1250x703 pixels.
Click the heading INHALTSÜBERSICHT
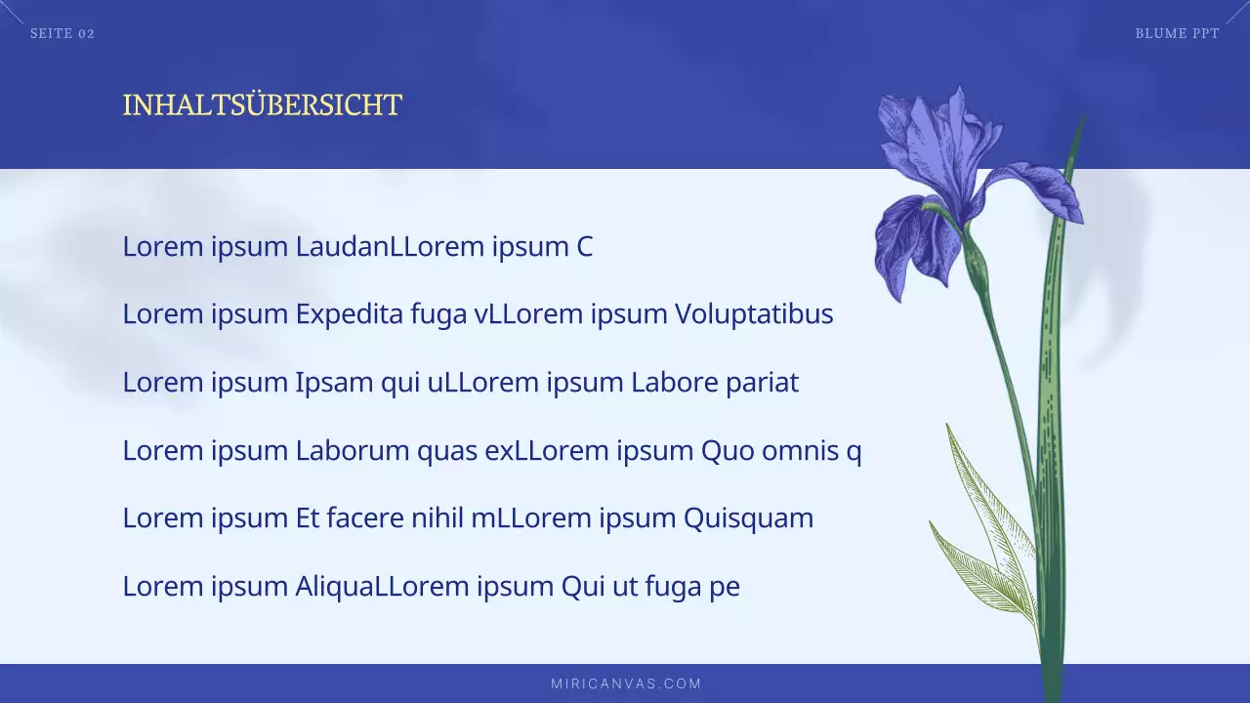click(262, 105)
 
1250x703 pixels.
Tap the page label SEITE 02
click(62, 34)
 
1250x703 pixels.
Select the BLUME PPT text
click(1177, 34)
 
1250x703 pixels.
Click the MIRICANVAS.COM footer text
click(626, 683)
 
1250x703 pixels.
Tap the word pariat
click(762, 383)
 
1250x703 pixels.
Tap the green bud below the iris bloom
click(975, 259)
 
